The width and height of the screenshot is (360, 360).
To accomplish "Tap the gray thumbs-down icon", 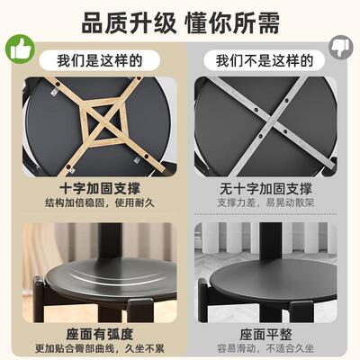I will click(x=341, y=49).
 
